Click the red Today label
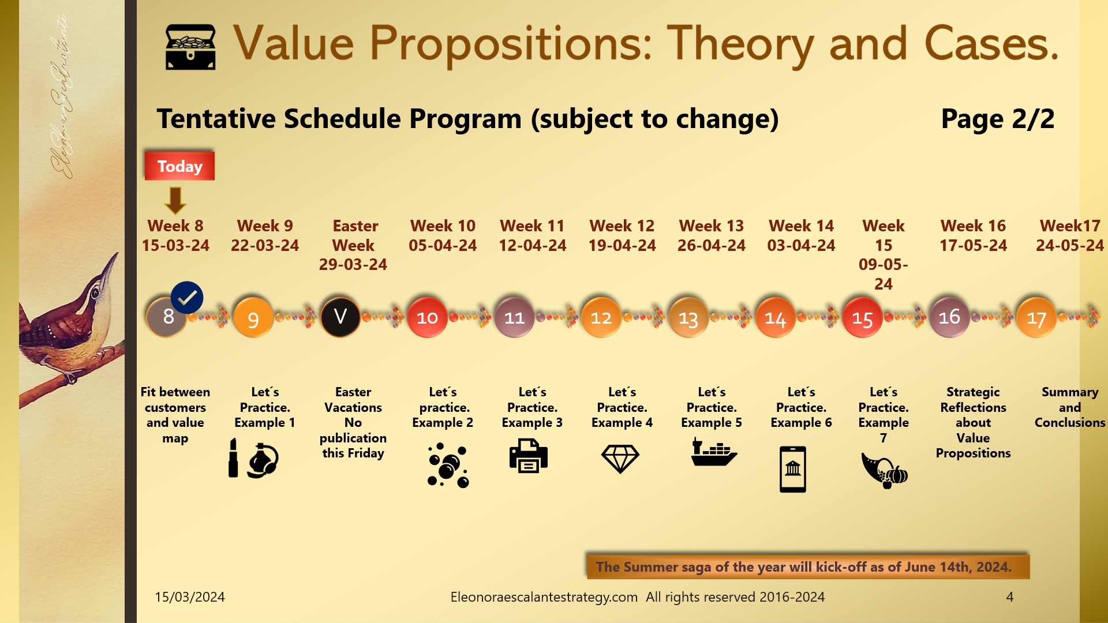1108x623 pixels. (x=179, y=166)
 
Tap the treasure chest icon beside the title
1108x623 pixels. (x=190, y=47)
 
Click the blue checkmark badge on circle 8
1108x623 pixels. (x=187, y=298)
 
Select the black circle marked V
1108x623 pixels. (x=340, y=317)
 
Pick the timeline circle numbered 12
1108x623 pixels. (x=601, y=317)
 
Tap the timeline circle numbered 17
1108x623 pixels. (x=1036, y=318)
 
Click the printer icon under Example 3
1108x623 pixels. (x=528, y=456)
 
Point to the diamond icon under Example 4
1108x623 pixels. (x=620, y=459)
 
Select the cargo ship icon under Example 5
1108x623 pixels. (x=713, y=452)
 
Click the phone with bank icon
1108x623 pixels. (x=792, y=469)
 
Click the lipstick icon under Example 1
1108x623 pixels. (x=233, y=458)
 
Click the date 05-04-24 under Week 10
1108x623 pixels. (x=443, y=246)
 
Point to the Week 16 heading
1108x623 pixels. (x=973, y=226)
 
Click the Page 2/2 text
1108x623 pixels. (x=997, y=119)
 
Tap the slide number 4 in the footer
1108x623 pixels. (x=1009, y=597)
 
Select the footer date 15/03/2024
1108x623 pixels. (x=190, y=597)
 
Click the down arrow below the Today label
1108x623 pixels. (x=175, y=200)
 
